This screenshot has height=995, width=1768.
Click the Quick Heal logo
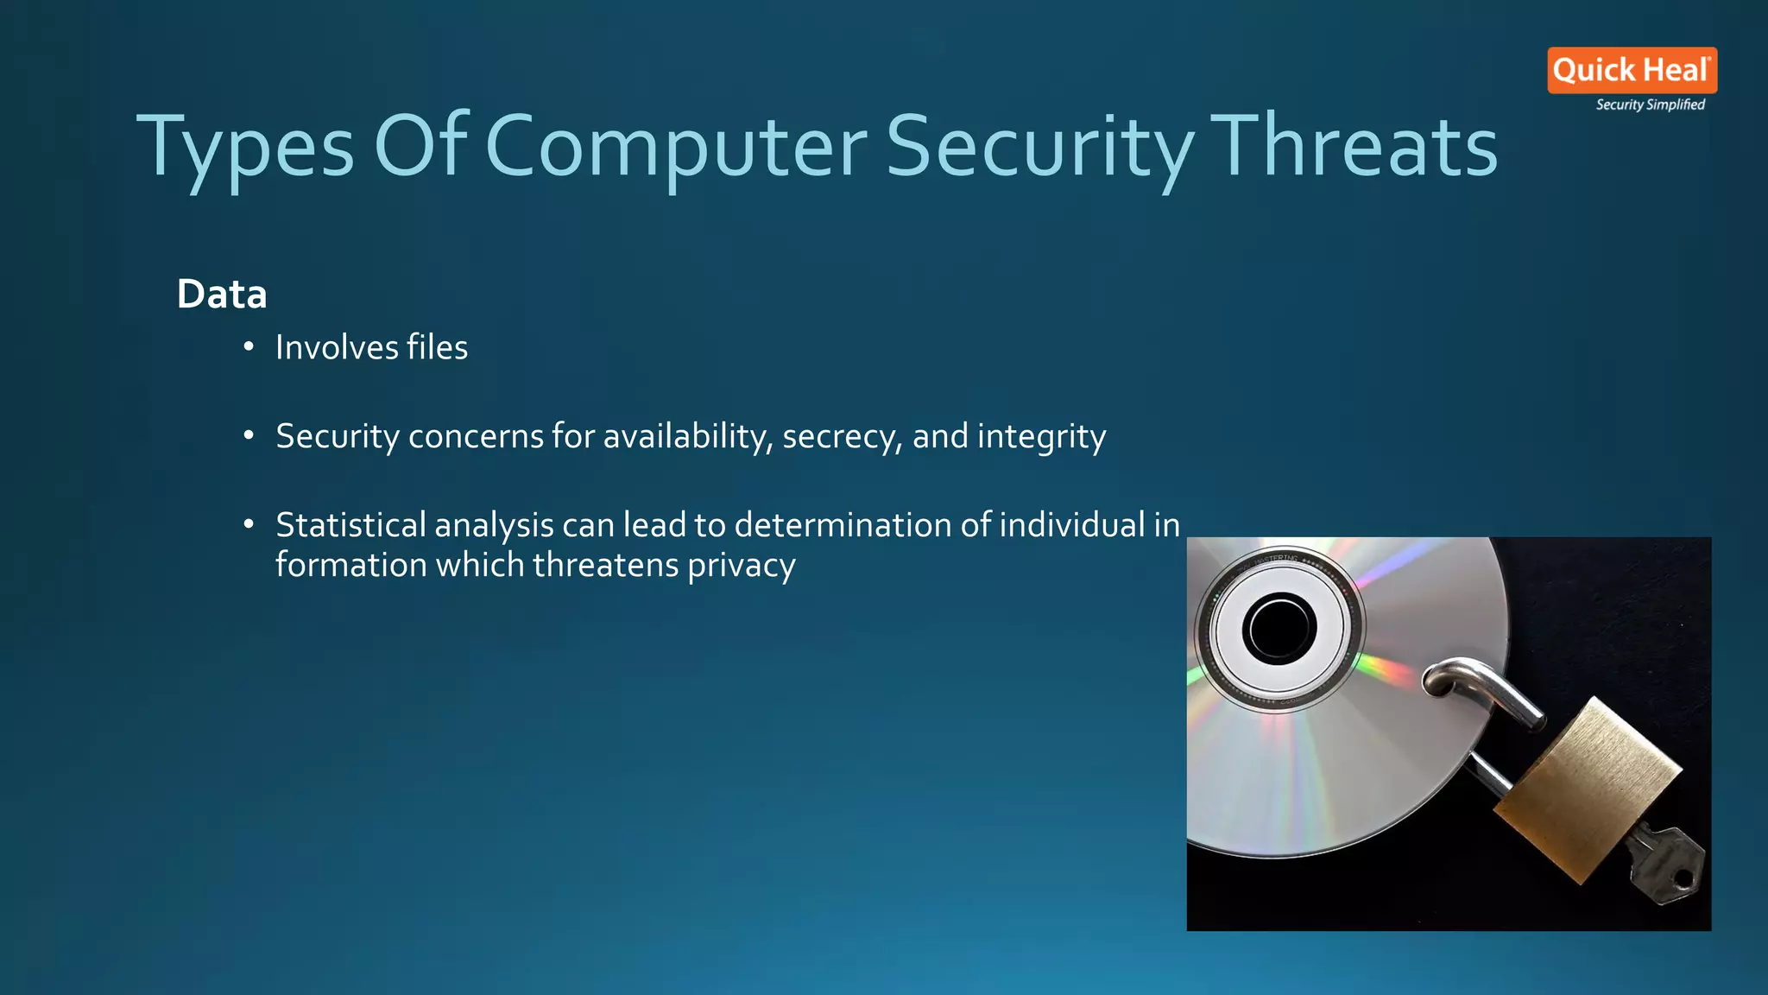point(1632,70)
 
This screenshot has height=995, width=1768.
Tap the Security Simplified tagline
point(1650,105)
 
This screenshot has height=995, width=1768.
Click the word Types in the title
point(245,147)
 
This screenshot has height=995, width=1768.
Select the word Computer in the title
point(677,147)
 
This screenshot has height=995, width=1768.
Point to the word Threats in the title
point(1357,147)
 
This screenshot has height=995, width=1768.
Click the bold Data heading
point(222,295)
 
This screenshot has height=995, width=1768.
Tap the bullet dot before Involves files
point(249,347)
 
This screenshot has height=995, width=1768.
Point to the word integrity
point(1041,436)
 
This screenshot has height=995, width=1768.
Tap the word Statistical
point(350,525)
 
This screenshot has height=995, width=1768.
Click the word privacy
point(742,565)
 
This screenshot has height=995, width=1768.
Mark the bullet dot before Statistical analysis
point(249,524)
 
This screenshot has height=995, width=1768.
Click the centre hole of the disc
point(1279,628)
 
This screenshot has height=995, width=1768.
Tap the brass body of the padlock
point(1588,790)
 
